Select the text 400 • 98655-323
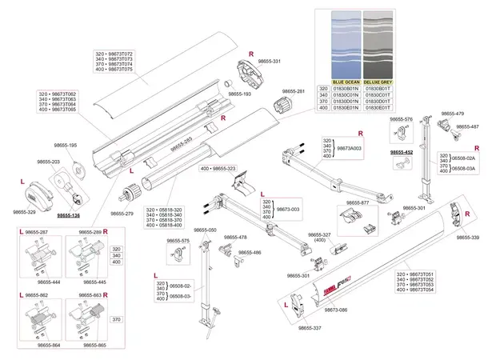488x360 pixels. point(218,170)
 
